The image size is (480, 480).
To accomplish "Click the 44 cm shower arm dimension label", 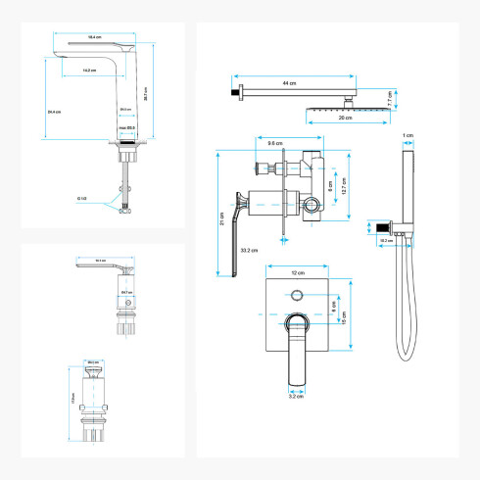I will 288,83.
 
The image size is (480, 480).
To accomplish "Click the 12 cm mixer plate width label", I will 298,272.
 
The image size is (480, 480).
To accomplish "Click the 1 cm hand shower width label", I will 408,135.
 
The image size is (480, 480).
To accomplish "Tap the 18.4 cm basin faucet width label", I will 95,36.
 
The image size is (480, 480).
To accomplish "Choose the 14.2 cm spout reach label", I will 89,71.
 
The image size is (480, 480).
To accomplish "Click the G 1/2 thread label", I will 82,199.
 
